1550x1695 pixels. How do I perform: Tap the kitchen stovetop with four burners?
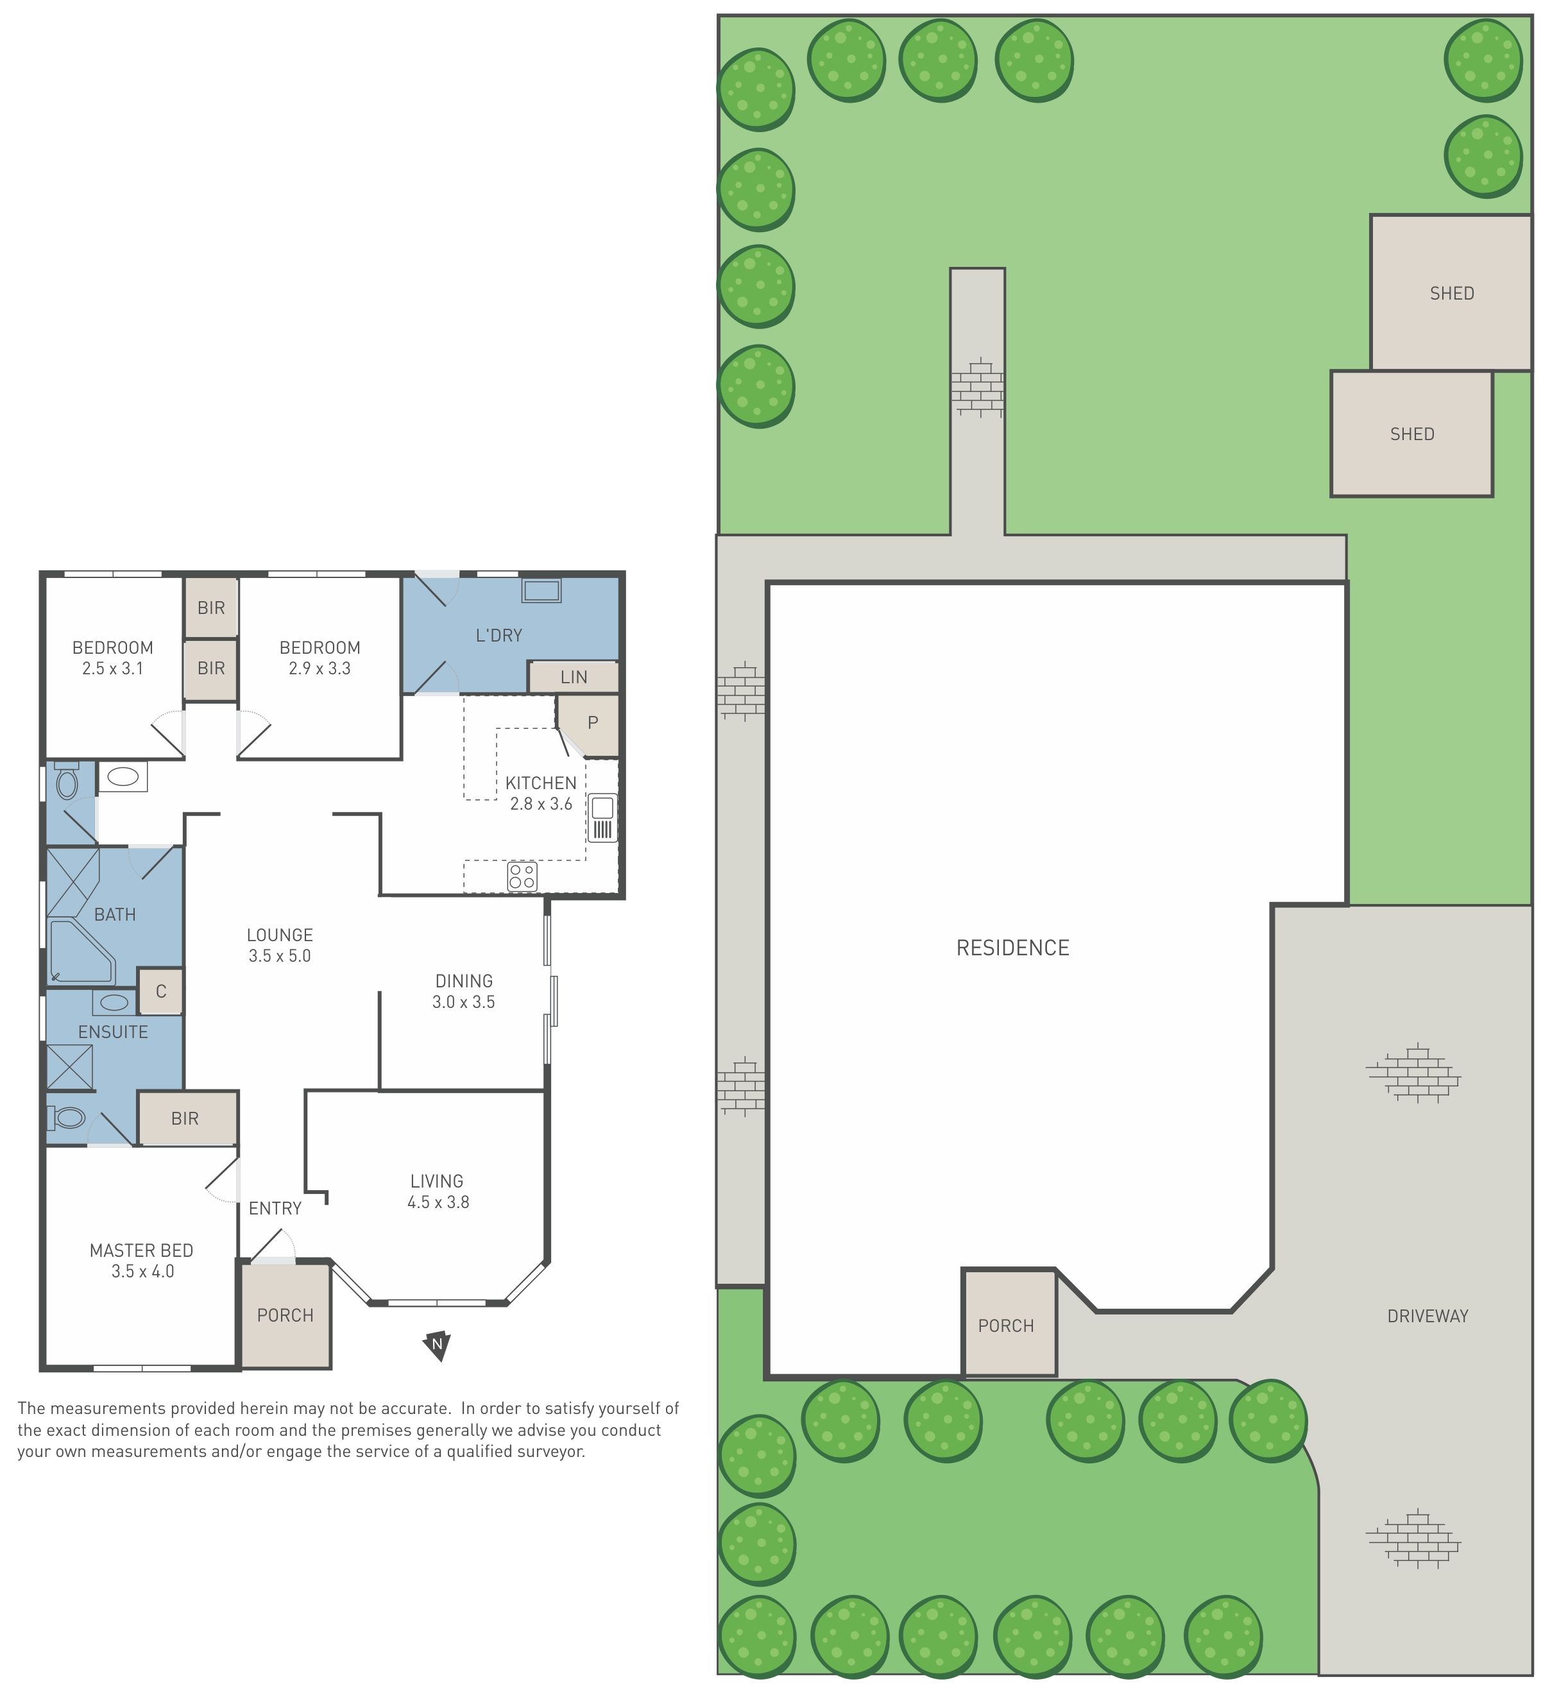tap(522, 876)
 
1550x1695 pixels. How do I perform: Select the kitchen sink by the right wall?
tap(602, 818)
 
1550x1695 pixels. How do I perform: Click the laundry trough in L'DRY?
tap(541, 590)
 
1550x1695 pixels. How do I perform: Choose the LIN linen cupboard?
tap(574, 677)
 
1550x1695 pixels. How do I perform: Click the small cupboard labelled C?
tap(160, 991)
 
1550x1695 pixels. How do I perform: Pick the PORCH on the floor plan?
tap(285, 1316)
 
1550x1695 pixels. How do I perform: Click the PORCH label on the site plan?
tap(1006, 1326)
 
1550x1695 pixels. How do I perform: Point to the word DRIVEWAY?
tap(1427, 1316)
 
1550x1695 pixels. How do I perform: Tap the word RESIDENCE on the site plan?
tap(1013, 948)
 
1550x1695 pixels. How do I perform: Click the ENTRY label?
tap(275, 1208)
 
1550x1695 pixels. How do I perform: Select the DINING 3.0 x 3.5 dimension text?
tap(464, 1002)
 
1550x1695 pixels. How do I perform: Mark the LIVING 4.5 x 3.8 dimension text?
tap(438, 1202)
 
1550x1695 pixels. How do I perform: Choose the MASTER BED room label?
tap(141, 1250)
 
